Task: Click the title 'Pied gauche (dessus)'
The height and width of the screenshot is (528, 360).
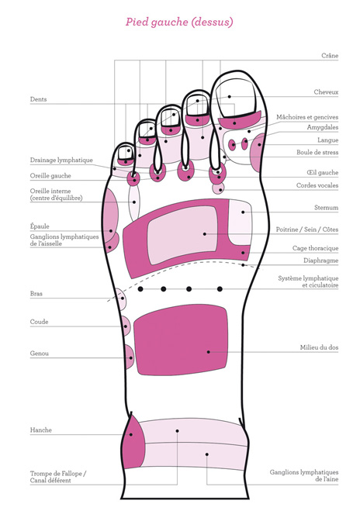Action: [x=179, y=22]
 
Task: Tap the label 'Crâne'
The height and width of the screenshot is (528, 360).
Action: [x=330, y=56]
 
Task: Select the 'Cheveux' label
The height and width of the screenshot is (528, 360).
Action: [x=326, y=92]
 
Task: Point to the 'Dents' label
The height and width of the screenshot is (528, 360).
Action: [x=39, y=99]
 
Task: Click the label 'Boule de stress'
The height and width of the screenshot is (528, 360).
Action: [x=317, y=152]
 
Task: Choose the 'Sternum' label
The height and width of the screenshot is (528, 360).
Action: [x=326, y=208]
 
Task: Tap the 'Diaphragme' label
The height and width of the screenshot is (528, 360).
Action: [x=320, y=261]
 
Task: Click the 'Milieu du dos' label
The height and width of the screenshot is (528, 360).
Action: [x=319, y=347]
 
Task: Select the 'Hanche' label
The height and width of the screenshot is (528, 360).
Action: [x=41, y=430]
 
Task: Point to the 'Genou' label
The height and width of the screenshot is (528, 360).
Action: [x=40, y=354]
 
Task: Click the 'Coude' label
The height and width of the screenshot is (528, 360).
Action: [x=39, y=322]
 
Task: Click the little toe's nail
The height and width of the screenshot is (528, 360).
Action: [x=125, y=153]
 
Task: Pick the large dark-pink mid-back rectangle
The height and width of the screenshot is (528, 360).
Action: [x=181, y=340]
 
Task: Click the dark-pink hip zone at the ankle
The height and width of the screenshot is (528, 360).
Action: [x=133, y=442]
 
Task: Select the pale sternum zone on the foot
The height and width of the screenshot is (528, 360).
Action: [x=241, y=222]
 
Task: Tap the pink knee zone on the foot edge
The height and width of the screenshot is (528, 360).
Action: [x=129, y=357]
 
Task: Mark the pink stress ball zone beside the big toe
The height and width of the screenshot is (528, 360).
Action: [x=257, y=153]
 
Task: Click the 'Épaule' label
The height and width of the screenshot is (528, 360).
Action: [x=40, y=226]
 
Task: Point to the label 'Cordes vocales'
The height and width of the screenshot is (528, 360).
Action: [x=317, y=185]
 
